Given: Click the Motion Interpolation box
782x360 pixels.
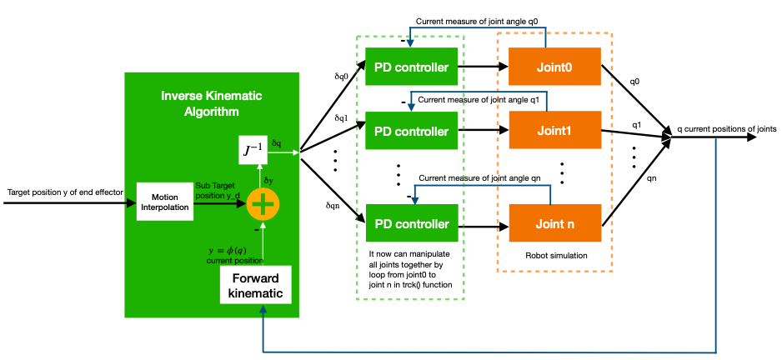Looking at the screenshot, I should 164,201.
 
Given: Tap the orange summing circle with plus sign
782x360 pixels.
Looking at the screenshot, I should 263,203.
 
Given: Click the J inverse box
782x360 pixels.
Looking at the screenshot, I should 253,151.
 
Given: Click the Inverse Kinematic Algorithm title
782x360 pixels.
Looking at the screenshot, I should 211,103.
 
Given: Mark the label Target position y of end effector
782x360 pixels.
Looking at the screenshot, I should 65,192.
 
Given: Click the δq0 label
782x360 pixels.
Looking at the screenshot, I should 342,76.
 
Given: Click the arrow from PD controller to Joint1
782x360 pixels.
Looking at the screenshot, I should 479,131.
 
